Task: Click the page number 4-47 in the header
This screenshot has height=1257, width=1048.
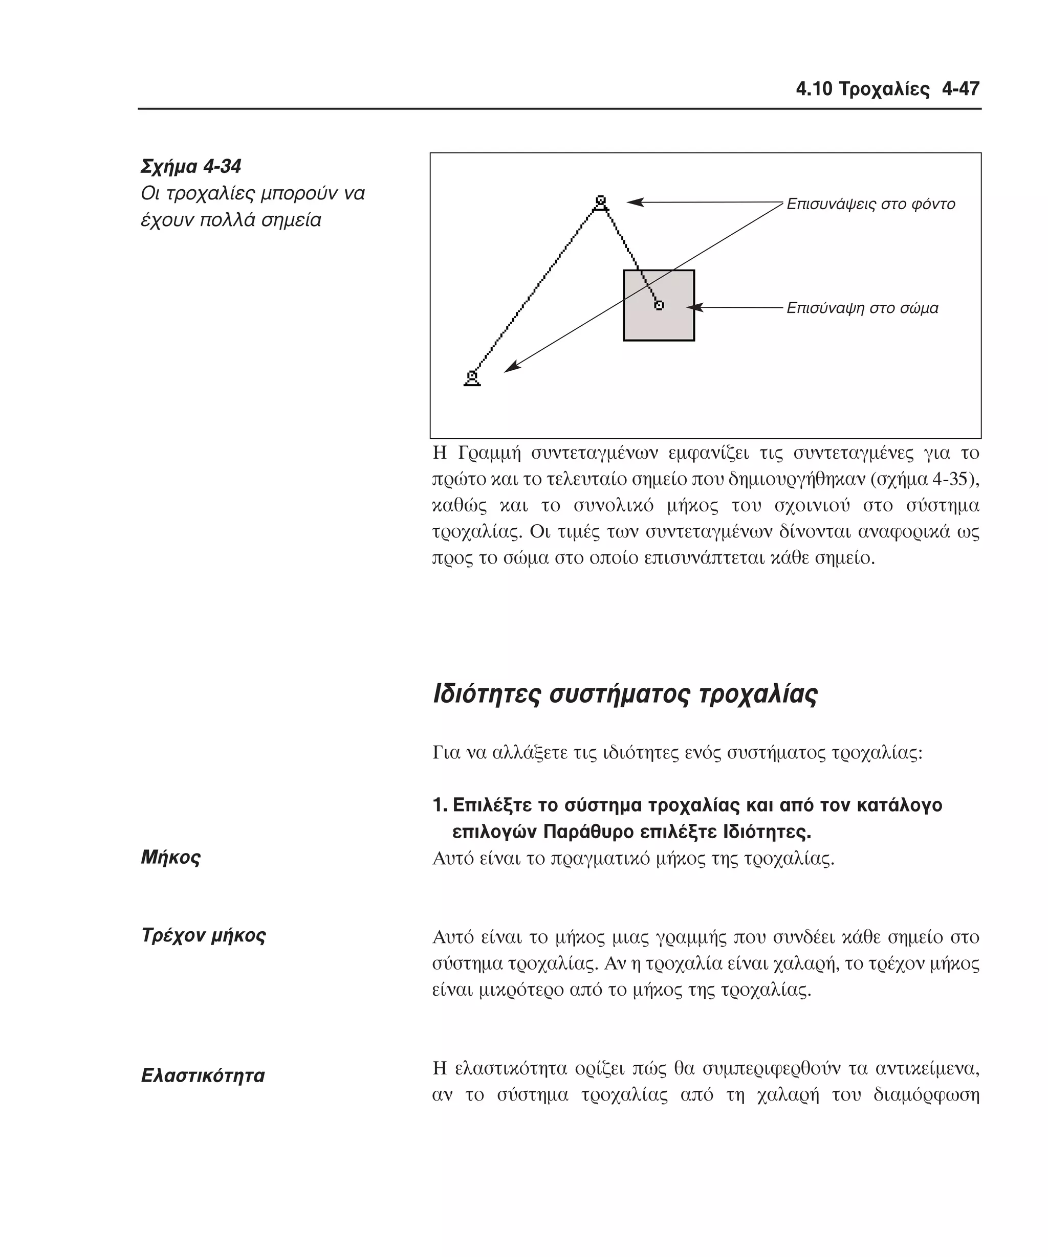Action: [x=960, y=89]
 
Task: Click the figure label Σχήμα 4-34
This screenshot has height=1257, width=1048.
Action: [x=190, y=166]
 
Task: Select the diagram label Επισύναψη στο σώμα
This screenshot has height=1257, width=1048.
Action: [x=862, y=308]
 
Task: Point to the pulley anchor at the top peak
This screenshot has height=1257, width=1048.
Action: [x=601, y=203]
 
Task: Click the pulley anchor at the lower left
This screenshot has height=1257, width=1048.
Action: [x=472, y=378]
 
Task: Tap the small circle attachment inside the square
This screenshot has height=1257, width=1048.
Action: [x=659, y=305]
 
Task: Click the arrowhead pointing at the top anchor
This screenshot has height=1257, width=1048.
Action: [x=634, y=203]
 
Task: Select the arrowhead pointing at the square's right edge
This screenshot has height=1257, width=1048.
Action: [x=693, y=308]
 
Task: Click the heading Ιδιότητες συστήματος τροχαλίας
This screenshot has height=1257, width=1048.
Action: [x=625, y=694]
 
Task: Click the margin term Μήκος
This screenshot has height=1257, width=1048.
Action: [x=171, y=858]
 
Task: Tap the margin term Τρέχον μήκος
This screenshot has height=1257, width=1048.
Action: [x=203, y=935]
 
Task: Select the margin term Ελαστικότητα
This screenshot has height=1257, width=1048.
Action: [x=203, y=1075]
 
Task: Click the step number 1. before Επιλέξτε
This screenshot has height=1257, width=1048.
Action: [x=440, y=805]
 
